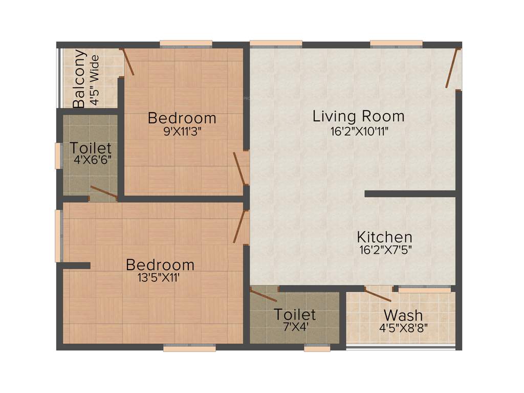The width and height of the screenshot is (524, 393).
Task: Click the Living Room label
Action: [358, 116]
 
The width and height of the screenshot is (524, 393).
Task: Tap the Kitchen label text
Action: [384, 237]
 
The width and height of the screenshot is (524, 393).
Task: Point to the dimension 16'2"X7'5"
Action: [385, 250]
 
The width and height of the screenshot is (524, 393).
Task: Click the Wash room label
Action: [403, 314]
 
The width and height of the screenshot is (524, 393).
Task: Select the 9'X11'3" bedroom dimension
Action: [182, 130]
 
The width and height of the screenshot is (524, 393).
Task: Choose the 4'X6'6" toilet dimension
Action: [93, 160]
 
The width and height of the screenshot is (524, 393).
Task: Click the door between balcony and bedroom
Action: [127, 62]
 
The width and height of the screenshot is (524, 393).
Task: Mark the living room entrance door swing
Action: [452, 69]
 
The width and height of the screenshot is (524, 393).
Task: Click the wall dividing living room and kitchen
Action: [410, 194]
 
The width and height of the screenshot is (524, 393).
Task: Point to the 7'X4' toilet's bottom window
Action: [317, 348]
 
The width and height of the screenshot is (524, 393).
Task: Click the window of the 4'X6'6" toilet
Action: [58, 156]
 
